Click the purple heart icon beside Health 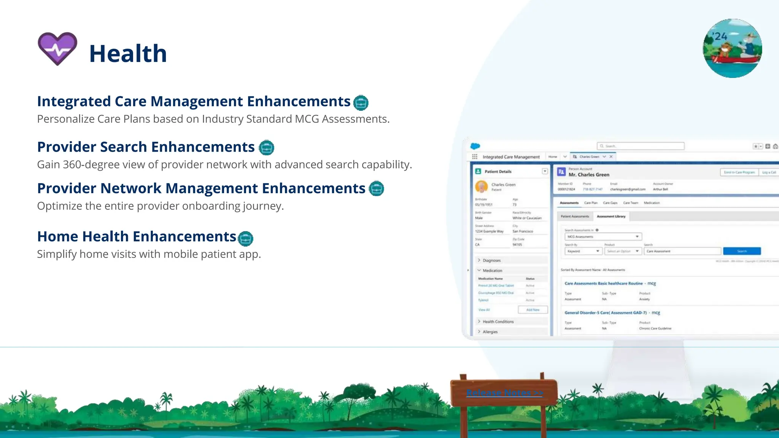(57, 49)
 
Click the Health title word (128, 54)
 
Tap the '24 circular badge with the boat (732, 48)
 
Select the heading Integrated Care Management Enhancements (194, 102)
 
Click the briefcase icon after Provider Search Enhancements (266, 148)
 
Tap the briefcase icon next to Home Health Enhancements (245, 238)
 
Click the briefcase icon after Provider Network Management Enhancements (377, 189)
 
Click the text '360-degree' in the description (89, 165)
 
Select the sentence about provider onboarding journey (160, 206)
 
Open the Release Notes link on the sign (504, 393)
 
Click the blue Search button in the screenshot (742, 251)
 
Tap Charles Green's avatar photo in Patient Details (482, 186)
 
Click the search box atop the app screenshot (641, 146)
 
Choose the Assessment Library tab (611, 216)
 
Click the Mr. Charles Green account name (589, 175)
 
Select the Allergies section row (490, 332)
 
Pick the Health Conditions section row (498, 322)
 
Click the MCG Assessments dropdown (603, 237)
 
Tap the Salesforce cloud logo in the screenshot (475, 146)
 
